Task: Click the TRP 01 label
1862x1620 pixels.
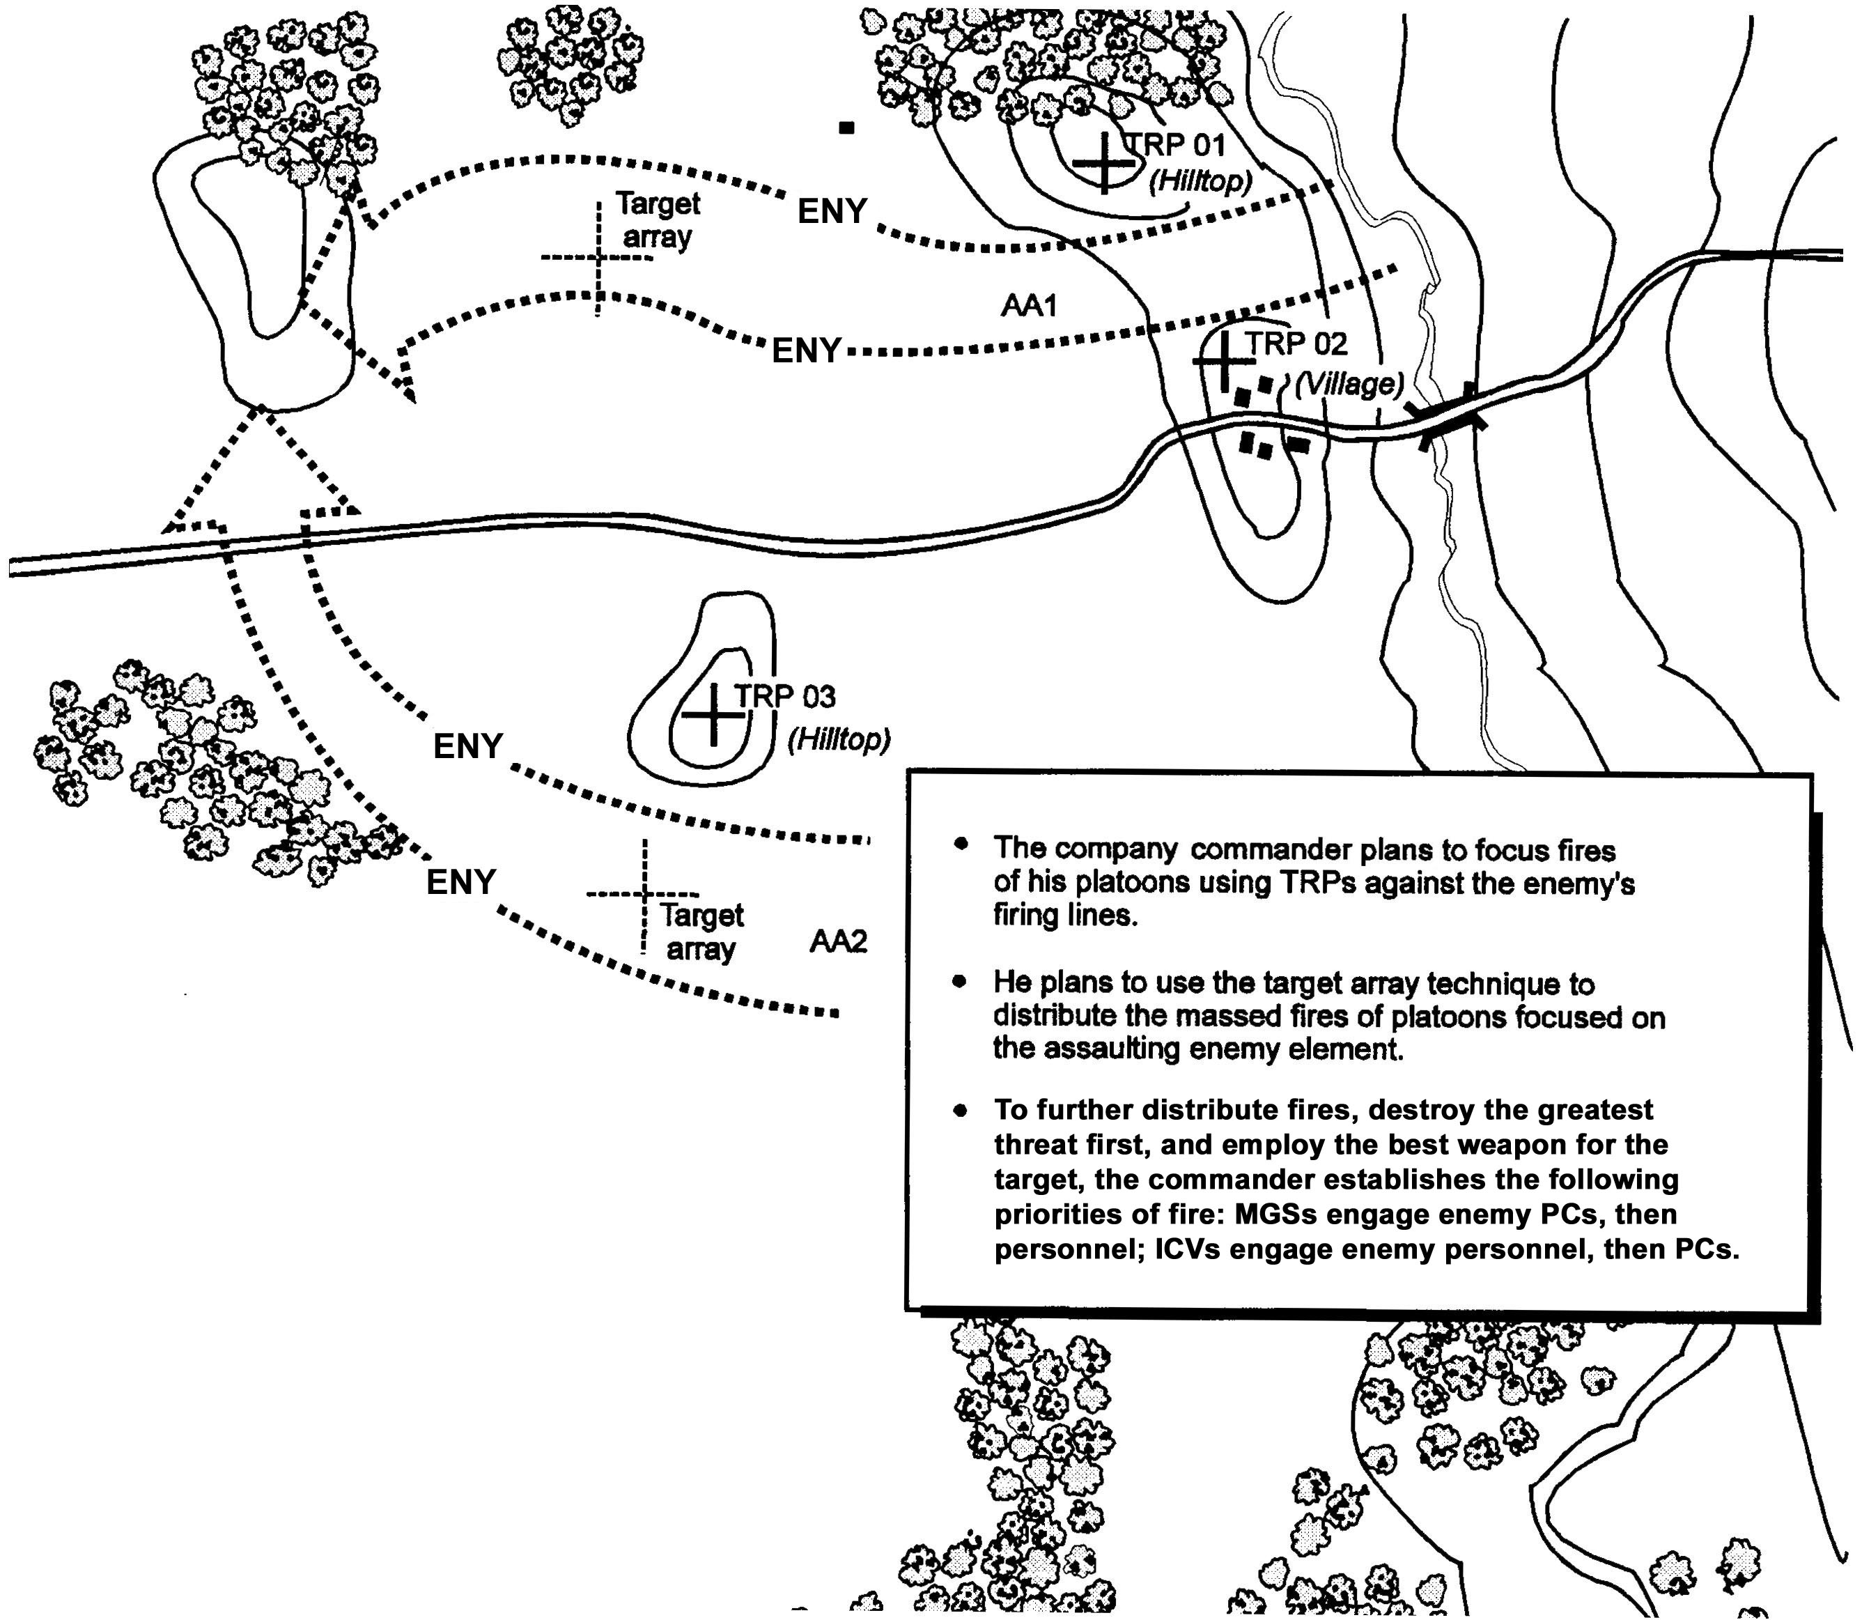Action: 1176,145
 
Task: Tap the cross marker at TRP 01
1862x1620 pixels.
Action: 1103,163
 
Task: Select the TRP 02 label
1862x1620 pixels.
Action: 1298,344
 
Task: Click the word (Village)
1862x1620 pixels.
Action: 1349,384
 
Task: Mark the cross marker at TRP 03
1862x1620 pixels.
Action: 714,714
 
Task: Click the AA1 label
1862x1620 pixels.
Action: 1029,306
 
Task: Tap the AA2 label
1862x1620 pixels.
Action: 838,942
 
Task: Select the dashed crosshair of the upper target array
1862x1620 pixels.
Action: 598,258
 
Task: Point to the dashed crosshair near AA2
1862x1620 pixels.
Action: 644,894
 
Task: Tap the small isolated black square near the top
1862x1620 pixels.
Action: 846,128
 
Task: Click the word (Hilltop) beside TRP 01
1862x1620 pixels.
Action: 1200,182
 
